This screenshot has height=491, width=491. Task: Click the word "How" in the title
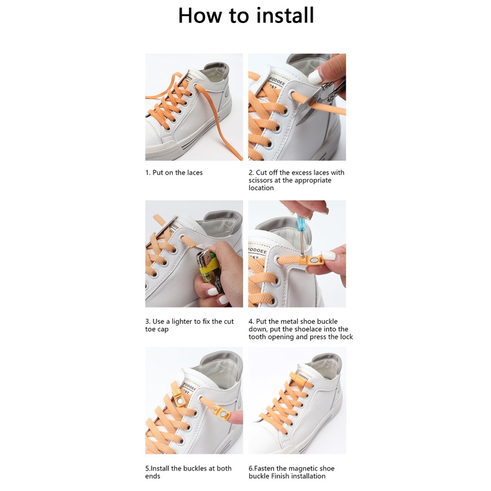[200, 16]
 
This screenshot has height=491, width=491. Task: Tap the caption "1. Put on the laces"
[174, 173]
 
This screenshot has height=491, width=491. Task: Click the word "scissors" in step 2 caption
[260, 180]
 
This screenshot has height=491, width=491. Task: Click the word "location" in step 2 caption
[261, 188]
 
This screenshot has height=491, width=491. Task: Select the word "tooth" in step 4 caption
[256, 337]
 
